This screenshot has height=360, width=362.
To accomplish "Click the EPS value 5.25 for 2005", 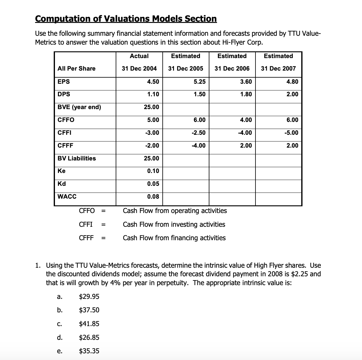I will pos(200,82).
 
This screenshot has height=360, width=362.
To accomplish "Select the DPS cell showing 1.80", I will pos(246,94).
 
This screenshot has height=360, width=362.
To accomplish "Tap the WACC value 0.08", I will pos(153,197).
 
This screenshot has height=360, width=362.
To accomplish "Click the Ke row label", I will pos(61,171).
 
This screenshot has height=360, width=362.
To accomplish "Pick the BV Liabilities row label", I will pos(77,158).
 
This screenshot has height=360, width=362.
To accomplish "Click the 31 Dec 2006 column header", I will pos(232,68).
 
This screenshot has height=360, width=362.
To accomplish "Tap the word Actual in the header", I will pos(139,56).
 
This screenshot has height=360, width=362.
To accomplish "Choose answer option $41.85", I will pos(89,324).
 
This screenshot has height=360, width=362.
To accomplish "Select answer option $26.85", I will pos(89,337).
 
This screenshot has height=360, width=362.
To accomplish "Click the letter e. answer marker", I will pos(60,351).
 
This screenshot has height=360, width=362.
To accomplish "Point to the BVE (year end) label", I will pos(79,107).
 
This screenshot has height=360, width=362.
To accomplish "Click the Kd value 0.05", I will pos(153,184).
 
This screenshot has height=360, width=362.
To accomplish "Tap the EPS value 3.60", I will pos(246,82).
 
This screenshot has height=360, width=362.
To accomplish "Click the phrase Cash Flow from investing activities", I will pos(174,224).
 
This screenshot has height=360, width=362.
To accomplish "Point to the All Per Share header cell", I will pos(77,68).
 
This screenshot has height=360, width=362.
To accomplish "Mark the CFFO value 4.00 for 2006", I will pos(246,120).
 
